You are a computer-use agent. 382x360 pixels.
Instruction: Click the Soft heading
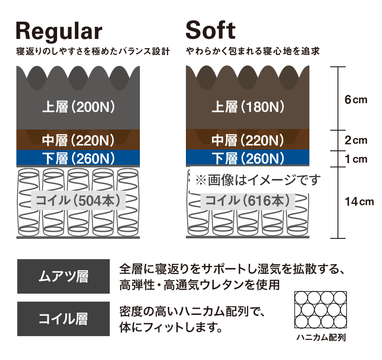coord(211,30)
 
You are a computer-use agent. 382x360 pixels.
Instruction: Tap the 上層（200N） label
coord(78,107)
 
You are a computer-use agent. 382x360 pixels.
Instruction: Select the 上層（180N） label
coord(248,107)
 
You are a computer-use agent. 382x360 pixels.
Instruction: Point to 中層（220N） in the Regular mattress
coord(78,140)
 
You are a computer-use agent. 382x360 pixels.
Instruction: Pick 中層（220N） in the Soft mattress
coord(248,140)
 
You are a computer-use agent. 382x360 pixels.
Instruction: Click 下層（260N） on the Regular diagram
coord(78,158)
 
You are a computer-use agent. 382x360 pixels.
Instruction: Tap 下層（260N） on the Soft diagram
coord(248,158)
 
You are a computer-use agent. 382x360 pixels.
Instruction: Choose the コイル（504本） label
coord(78,201)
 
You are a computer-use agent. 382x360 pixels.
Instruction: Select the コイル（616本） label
coord(248,201)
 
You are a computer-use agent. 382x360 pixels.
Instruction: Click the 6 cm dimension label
coord(356,100)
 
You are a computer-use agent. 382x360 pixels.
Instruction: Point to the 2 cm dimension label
coord(356,141)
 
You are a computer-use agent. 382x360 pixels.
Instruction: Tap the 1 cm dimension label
coord(356,159)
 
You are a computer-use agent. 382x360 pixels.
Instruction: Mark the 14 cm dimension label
coord(359,202)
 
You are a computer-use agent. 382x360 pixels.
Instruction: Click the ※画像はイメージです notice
coord(258,180)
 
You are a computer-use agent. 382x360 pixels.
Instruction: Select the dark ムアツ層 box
coord(63,276)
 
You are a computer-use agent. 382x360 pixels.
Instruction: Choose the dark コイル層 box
coord(63,319)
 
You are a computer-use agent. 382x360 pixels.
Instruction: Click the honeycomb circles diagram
coord(320,310)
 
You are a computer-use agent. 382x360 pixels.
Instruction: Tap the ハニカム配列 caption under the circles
coord(321,337)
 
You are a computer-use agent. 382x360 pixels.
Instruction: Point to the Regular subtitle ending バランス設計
coord(93,51)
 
